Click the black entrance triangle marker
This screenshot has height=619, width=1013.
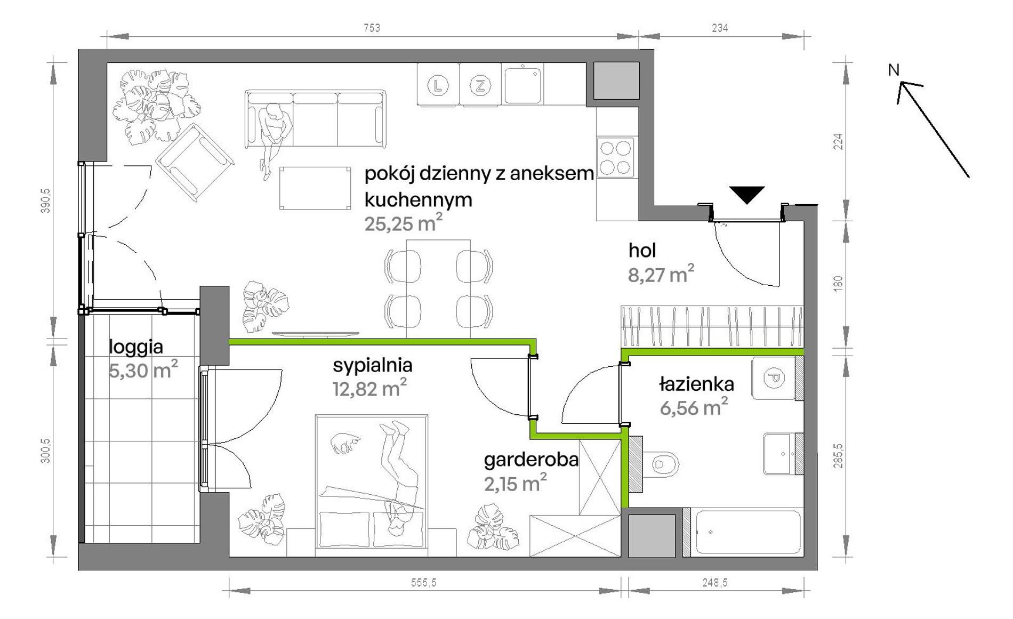point(747,194)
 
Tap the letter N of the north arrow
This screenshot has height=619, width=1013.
point(894,70)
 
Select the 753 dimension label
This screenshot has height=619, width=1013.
point(372,28)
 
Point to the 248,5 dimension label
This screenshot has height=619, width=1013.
point(714,583)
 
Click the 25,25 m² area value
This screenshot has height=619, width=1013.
point(403,223)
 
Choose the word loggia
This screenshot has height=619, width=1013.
point(136,347)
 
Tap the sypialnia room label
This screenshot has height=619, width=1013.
point(372,365)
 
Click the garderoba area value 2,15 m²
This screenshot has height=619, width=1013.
point(515,483)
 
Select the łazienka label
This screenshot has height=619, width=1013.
point(696,384)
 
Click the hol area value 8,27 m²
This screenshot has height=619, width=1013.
point(661,274)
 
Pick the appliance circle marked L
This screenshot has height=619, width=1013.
point(438,85)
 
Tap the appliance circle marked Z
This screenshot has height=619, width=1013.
point(480,85)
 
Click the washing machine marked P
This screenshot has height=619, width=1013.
point(773,379)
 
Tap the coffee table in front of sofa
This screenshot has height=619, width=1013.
point(315,188)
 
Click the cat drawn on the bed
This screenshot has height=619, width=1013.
point(344,443)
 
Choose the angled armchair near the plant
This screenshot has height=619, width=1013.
point(195,163)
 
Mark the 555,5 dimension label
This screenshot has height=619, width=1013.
point(423,583)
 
